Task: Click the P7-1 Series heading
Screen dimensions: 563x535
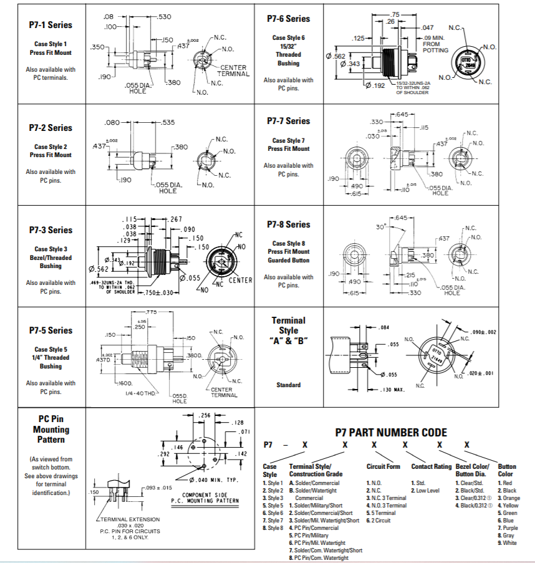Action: coord(50,26)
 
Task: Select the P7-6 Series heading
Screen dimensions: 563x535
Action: coord(288,19)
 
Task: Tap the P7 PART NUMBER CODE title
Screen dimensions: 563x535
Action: coord(391,432)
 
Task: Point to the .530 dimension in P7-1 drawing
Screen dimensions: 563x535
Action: coord(165,16)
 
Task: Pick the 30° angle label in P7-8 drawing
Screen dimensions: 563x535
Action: coord(381,227)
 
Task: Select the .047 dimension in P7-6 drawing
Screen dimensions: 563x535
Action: coord(428,28)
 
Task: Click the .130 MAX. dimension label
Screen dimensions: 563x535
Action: coord(392,390)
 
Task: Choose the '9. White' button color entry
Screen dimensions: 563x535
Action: coord(507,543)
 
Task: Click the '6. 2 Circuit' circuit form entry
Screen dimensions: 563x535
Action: coord(379,520)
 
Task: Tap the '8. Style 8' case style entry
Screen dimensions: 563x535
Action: coord(273,527)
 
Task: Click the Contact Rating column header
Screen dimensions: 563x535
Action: coord(431,466)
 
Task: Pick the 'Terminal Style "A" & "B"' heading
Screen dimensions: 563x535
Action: coord(288,330)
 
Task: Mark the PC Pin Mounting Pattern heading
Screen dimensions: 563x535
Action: coord(51,429)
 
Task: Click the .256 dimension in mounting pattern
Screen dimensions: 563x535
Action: coord(204,415)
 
